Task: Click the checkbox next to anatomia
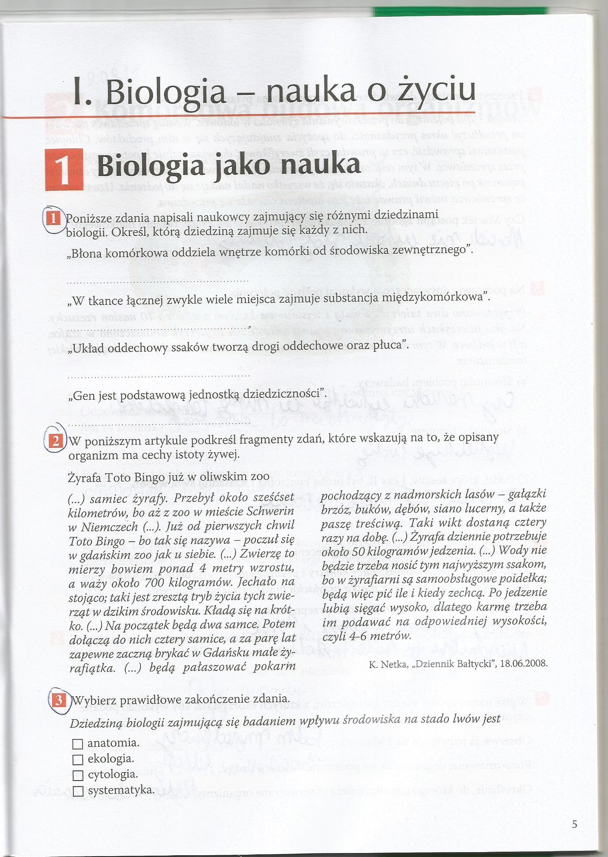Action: tap(77, 744)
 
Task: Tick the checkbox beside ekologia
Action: tap(77, 759)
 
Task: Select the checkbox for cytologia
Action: tap(77, 775)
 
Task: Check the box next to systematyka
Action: tap(77, 790)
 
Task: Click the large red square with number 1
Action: tap(64, 170)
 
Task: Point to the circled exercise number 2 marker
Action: tap(56, 441)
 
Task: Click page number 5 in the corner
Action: tap(574, 824)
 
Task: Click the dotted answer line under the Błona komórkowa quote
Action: tap(158, 281)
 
